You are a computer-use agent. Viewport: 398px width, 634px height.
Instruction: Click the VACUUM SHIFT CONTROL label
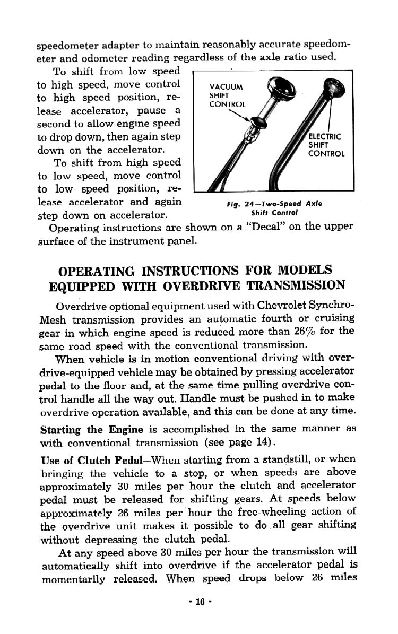click(227, 95)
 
